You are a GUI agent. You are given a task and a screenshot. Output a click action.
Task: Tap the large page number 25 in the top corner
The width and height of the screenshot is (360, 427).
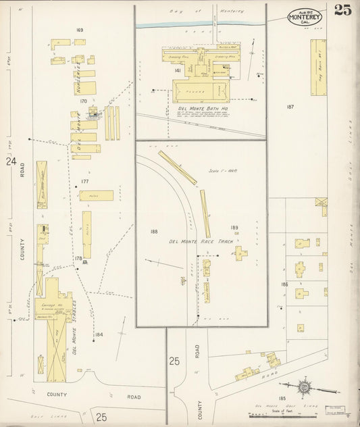tap(342, 11)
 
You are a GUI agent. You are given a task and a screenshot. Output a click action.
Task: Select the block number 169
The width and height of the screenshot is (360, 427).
tap(80, 30)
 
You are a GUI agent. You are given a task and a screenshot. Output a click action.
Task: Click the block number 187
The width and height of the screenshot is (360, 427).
tap(290, 107)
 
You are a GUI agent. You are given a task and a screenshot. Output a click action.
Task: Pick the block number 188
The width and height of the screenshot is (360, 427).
tap(154, 232)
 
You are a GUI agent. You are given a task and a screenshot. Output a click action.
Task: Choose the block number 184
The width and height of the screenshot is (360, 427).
tap(99, 334)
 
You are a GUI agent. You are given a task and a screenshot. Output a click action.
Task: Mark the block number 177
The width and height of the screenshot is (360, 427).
tap(85, 181)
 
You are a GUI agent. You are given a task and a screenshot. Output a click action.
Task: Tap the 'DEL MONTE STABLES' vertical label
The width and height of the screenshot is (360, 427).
tap(74, 328)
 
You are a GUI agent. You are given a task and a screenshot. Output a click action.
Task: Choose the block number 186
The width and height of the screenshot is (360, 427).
tap(285, 284)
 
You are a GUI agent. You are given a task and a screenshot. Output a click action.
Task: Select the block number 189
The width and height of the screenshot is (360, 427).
tap(234, 228)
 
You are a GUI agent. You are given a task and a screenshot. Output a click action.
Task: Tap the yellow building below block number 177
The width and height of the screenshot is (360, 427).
tap(96, 195)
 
